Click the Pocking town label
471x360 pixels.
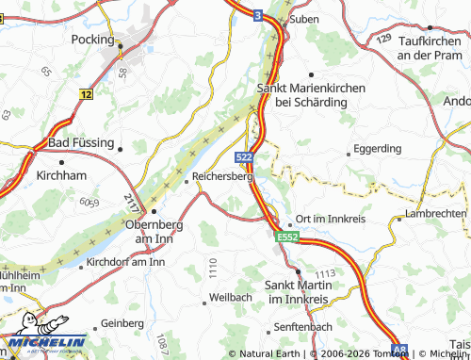92,40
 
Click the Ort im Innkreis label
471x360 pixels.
331,219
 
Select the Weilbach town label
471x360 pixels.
232,298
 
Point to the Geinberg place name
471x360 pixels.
122,322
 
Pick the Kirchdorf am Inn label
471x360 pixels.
124,262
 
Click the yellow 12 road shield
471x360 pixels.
87,95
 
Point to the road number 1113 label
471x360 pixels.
327,272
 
